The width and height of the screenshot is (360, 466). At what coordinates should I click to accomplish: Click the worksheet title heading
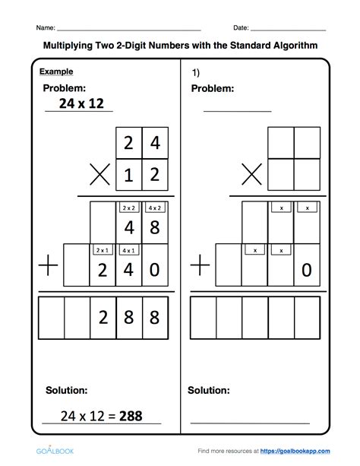point(180,46)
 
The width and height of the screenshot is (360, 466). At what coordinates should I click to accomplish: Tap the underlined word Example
point(58,72)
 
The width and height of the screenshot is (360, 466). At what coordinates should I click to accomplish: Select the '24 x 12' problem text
point(75,104)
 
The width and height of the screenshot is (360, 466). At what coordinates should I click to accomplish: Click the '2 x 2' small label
point(128,207)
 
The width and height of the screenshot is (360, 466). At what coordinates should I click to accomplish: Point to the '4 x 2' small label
point(154,207)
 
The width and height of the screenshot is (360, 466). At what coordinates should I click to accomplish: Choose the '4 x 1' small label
point(128,250)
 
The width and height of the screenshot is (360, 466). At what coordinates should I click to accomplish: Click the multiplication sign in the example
point(99,176)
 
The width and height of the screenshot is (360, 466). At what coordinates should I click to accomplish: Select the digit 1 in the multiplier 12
point(128,175)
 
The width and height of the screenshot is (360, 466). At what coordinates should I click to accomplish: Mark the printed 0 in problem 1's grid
point(305,270)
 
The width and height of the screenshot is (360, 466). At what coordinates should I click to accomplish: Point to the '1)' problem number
point(195,73)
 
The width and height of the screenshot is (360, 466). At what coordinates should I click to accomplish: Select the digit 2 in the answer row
point(103,317)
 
